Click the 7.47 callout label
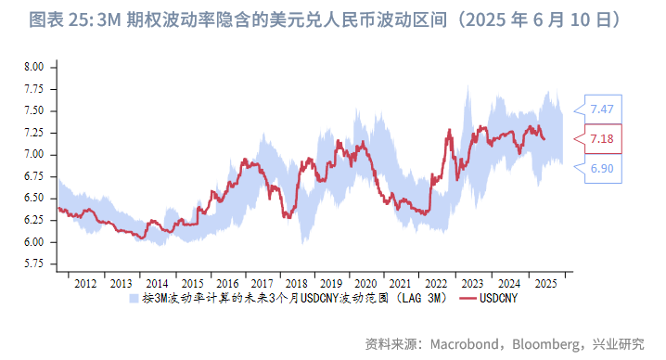[601, 109]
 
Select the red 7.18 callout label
[601, 139]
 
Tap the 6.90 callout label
[601, 168]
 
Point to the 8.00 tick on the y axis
[33, 68]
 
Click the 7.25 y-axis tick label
[33, 133]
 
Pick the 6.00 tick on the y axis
[33, 242]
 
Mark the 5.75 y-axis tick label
[33, 264]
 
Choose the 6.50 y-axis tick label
[33, 199]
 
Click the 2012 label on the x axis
[84, 283]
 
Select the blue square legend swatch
[134, 299]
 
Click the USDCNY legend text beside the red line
[498, 299]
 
